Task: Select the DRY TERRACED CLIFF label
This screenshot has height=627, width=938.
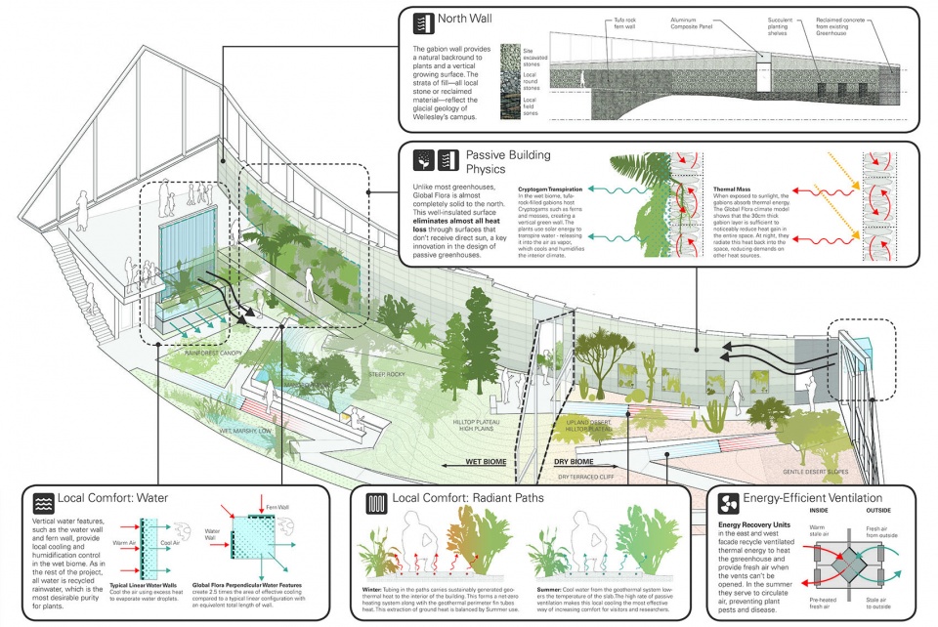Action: click(589, 477)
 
